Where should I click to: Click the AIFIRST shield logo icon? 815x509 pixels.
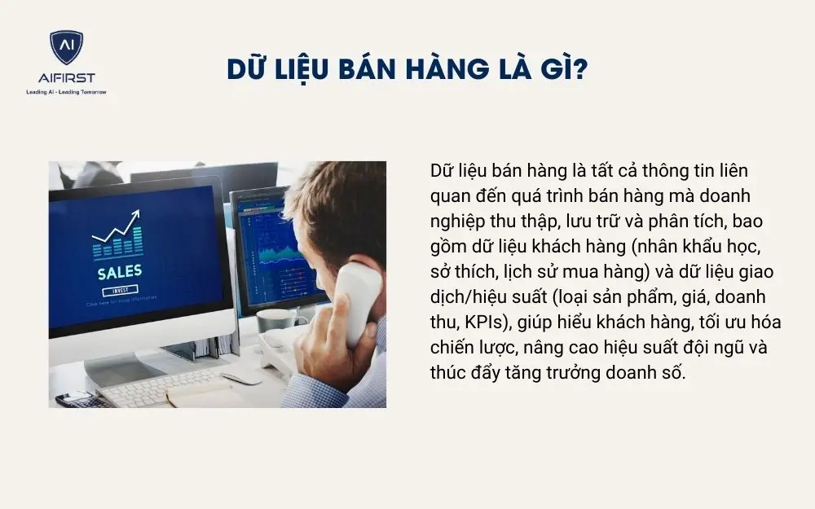coord(66,48)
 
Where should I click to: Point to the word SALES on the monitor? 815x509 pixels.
coord(119,271)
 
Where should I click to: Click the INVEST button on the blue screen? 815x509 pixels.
coord(119,291)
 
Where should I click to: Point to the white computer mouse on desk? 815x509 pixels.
coord(242,376)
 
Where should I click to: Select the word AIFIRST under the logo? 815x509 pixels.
coord(66,78)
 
